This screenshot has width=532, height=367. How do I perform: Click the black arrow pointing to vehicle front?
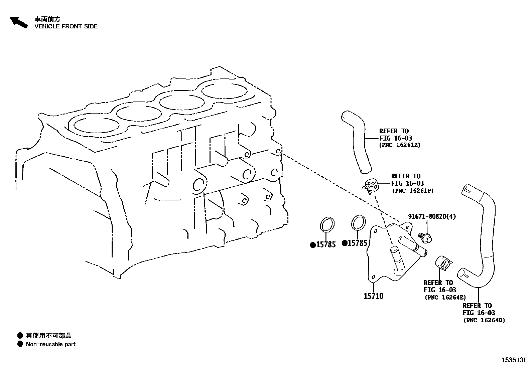(19, 22)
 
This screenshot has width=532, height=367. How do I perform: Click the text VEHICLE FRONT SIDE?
(66, 26)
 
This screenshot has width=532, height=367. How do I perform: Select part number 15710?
(373, 296)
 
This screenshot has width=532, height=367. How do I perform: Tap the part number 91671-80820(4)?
(431, 216)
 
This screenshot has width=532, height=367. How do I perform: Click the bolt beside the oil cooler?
(426, 237)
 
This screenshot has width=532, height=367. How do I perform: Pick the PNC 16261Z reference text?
(400, 145)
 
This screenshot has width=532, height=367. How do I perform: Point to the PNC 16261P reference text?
(412, 191)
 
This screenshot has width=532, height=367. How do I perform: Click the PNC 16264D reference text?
(484, 321)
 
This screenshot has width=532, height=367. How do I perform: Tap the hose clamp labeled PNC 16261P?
(371, 186)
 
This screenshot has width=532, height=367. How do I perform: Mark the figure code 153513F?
(514, 360)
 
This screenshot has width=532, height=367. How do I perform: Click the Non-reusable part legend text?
(50, 344)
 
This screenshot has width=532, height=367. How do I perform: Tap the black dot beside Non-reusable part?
(20, 344)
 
